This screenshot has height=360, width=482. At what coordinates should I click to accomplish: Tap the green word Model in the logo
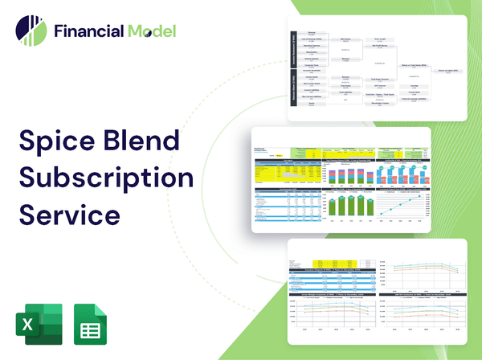(x=150, y=32)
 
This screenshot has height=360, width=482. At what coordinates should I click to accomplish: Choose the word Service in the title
(x=70, y=215)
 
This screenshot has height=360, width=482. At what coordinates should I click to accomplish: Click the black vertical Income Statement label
(x=292, y=50)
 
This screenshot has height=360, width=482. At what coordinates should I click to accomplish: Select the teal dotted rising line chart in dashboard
(x=413, y=205)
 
